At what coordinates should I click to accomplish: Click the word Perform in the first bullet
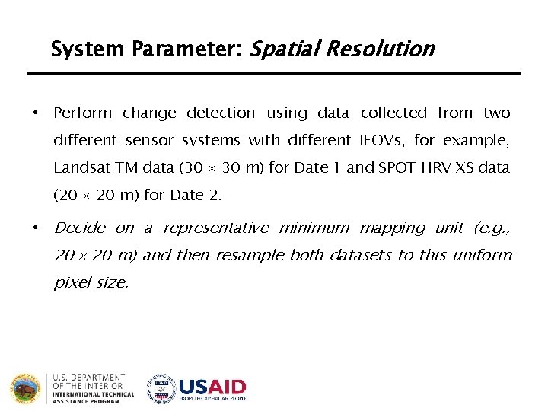click(82, 113)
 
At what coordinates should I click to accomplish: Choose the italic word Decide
click(80, 228)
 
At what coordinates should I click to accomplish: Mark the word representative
click(216, 228)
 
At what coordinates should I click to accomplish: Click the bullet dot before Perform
click(34, 113)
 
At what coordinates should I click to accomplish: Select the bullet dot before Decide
click(34, 228)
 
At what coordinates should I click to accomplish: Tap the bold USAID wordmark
click(212, 386)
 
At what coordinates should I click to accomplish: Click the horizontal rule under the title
click(274, 74)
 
